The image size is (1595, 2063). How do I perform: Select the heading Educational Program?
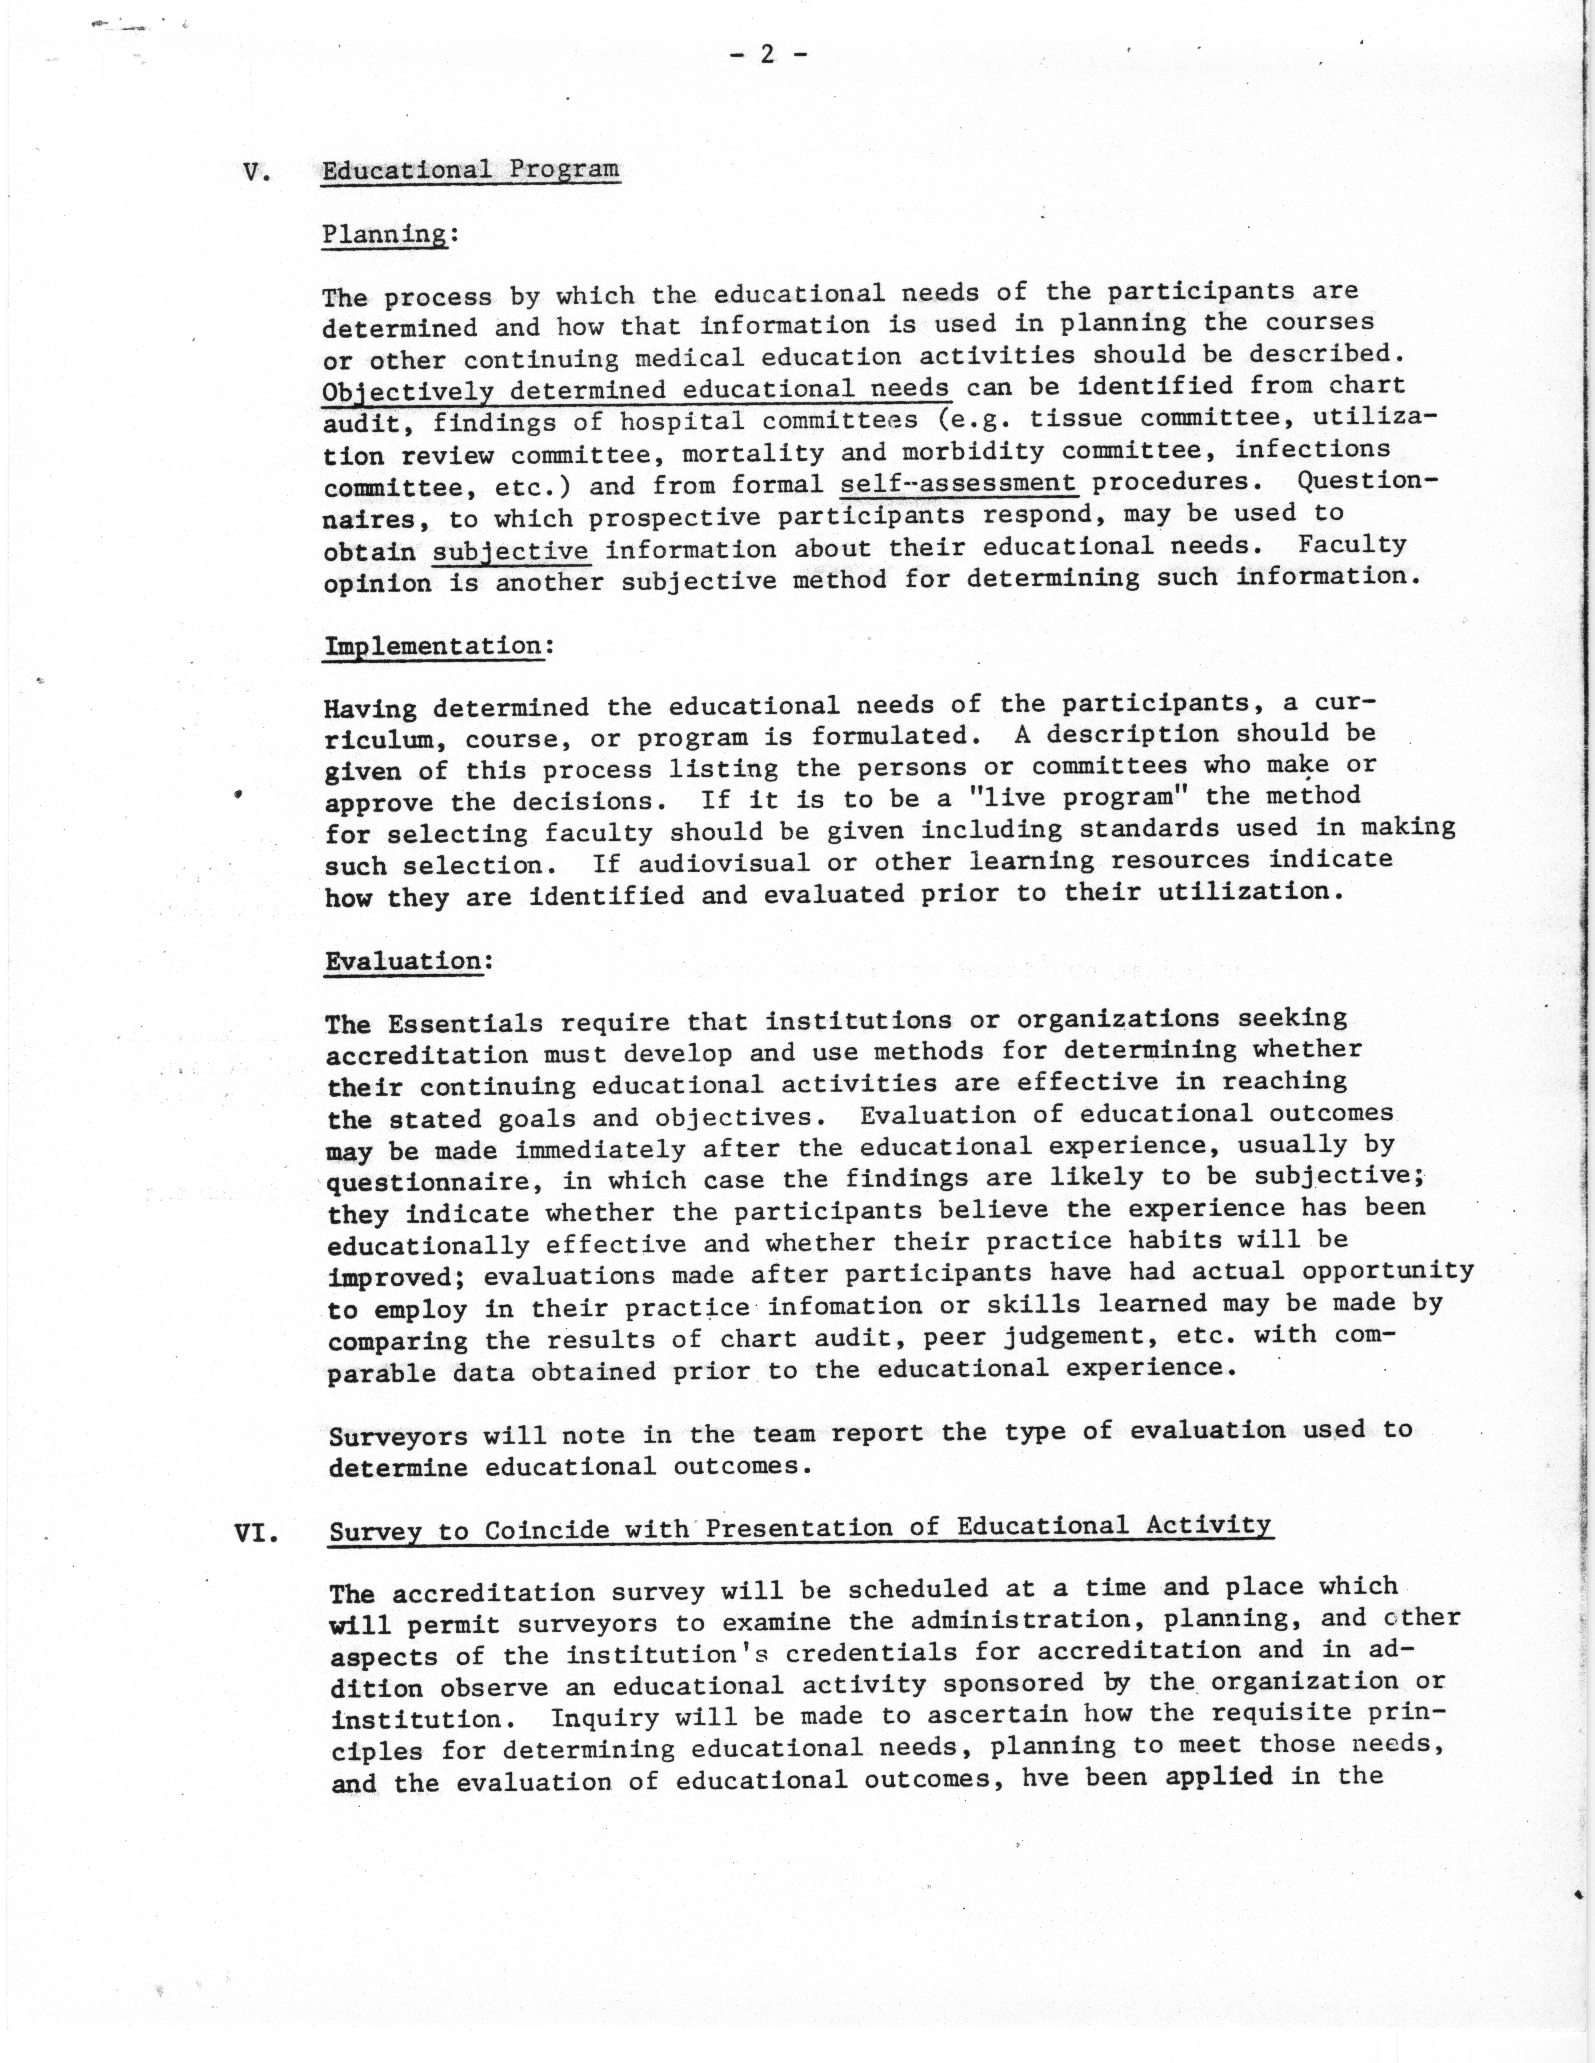471,170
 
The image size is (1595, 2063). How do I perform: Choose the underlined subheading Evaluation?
404,961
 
